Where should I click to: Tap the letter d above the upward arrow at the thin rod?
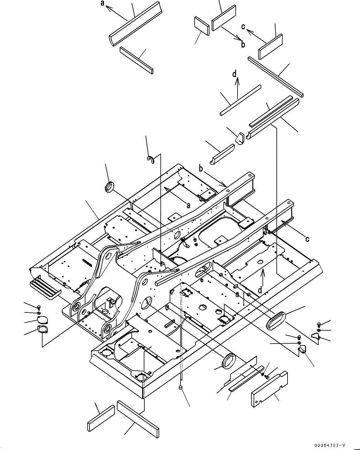(x=235, y=74)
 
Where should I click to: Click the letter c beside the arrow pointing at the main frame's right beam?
(x=307, y=238)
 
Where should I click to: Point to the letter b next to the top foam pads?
(x=243, y=44)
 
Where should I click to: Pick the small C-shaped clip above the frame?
(x=151, y=160)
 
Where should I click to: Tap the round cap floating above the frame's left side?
(x=109, y=187)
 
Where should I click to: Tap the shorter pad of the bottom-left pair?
(x=101, y=418)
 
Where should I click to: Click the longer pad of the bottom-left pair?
(x=138, y=415)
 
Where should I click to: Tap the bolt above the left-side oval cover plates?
(x=39, y=307)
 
